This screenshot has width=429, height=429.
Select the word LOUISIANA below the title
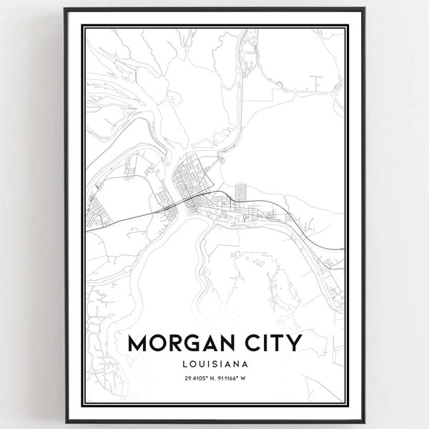tap(214, 365)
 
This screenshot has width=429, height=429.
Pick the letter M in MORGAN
tap(139, 343)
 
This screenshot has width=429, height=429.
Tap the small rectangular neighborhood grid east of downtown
tap(240, 191)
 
